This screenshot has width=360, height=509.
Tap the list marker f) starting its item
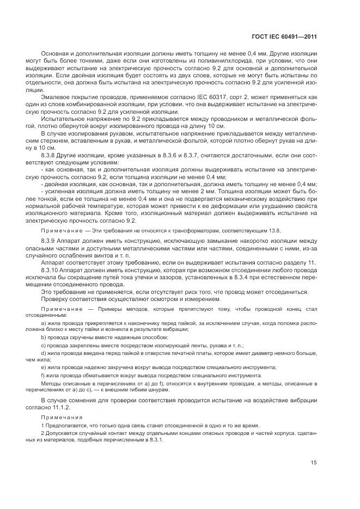(43, 376)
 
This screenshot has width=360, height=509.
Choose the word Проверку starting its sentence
(57, 299)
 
